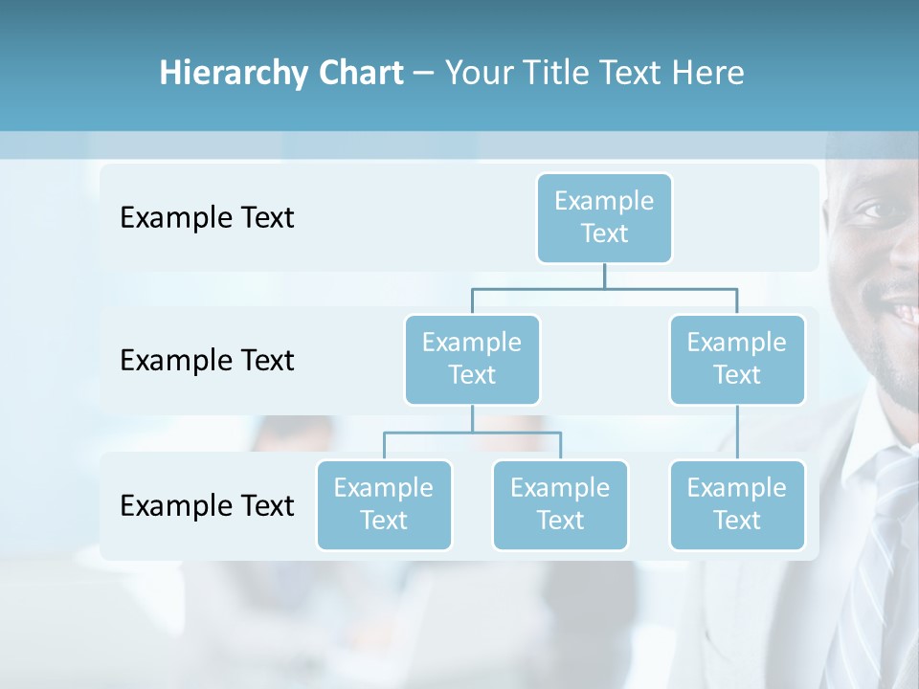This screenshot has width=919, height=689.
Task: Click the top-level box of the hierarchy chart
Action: tap(604, 217)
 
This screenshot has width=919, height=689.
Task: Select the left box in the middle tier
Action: tap(472, 359)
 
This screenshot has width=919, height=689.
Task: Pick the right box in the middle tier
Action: tap(737, 359)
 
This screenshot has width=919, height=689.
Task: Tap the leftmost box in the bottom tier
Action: tap(384, 504)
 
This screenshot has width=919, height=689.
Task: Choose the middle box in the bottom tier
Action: tap(560, 504)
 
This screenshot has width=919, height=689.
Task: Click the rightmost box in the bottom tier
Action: tap(737, 504)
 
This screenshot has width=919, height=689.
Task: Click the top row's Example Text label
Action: tap(207, 218)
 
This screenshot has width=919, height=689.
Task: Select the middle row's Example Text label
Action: tap(207, 361)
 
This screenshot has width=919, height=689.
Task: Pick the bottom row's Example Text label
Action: tap(207, 505)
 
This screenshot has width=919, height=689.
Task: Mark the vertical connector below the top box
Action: tap(604, 276)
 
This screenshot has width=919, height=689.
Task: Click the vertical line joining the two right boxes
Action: tap(737, 433)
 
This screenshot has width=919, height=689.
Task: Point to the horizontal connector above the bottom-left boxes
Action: tap(472, 433)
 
